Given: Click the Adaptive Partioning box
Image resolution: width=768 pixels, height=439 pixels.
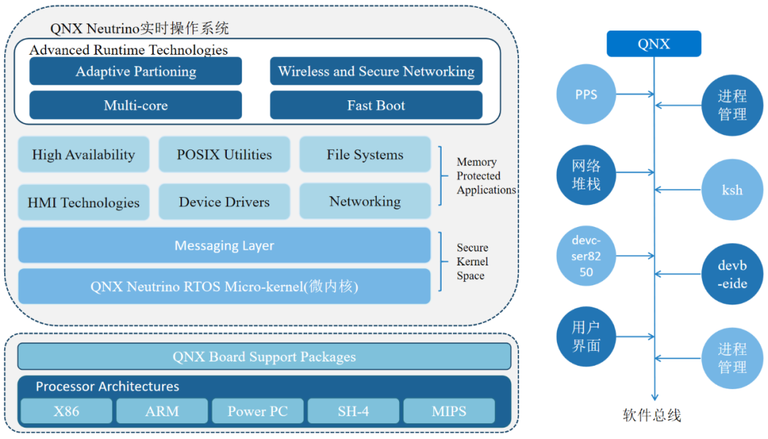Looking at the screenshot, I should (136, 71).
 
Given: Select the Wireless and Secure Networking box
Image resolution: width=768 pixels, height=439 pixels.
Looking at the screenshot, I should (376, 71).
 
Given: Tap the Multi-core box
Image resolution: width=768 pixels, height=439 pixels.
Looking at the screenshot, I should (136, 105).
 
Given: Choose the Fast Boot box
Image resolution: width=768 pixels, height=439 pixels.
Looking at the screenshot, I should (376, 105).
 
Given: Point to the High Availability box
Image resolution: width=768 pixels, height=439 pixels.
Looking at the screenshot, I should (83, 154).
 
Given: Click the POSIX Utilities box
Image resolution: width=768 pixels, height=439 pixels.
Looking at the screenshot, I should (224, 154).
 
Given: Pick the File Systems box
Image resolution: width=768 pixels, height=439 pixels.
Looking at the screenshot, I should (365, 154).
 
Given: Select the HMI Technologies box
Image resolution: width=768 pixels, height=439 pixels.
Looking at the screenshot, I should (83, 202).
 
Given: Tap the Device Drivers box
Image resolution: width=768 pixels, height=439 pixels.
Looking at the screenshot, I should (224, 202).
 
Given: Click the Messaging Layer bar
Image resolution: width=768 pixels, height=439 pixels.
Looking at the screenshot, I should (224, 245).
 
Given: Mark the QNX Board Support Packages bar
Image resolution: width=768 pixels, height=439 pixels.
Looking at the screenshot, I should (264, 356).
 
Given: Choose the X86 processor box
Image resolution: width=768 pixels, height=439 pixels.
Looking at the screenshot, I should (66, 411).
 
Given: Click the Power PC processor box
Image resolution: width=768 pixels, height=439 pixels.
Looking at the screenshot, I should (257, 411).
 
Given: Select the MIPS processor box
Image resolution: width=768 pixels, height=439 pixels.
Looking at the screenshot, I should (449, 411).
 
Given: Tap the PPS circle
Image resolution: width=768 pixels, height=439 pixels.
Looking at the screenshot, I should (586, 95).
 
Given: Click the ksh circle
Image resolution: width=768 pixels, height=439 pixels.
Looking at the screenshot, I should (732, 190).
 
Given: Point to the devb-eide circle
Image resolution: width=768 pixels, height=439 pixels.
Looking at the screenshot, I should (732, 274).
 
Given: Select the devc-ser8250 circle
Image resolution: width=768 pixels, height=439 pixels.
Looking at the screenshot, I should (586, 255).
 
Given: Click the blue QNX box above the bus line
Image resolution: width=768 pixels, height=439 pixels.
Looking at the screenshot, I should (654, 44).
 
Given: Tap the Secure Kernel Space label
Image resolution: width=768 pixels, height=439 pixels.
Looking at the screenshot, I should (472, 262).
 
